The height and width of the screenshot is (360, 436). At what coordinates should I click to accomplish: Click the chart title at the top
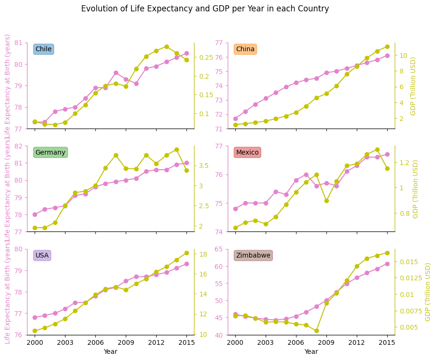(x=205, y=9)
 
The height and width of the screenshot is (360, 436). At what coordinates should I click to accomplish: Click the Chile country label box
(x=44, y=49)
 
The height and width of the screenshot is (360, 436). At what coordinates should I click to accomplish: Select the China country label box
(x=245, y=49)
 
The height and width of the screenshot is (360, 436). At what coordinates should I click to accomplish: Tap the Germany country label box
(x=50, y=152)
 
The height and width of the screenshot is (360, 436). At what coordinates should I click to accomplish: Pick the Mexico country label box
(x=247, y=152)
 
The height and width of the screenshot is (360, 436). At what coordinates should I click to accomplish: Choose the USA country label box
(x=42, y=256)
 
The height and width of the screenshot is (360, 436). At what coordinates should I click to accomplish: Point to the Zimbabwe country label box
(x=253, y=256)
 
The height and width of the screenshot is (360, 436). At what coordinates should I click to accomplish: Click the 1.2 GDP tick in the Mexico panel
(x=402, y=163)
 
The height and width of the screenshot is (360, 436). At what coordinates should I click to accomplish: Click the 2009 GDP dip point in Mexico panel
(x=326, y=201)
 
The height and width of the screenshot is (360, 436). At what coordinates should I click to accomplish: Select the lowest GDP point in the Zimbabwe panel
(x=316, y=331)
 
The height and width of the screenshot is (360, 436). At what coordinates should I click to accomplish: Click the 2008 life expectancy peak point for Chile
(x=116, y=73)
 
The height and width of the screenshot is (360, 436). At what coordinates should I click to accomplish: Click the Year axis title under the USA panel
(x=111, y=352)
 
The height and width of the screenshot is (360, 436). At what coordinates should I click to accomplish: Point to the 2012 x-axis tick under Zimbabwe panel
(x=357, y=342)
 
